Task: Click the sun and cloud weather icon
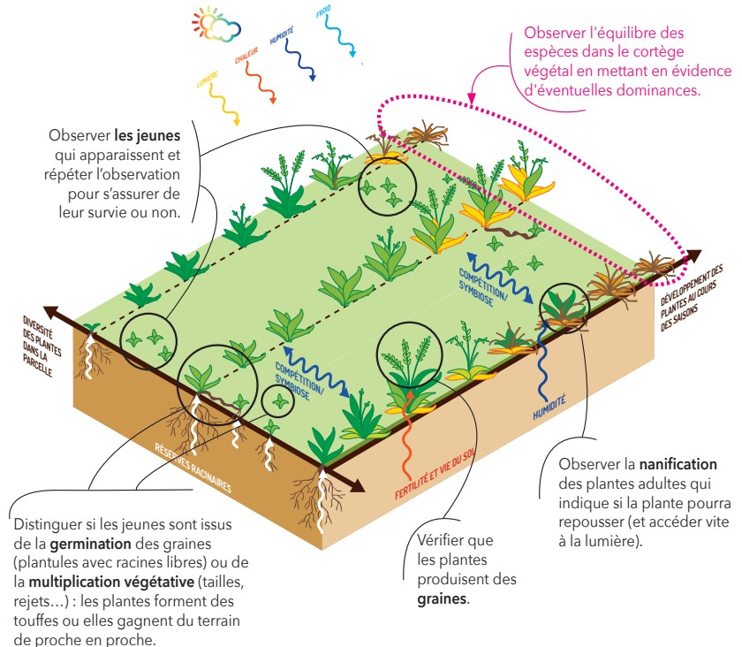pos(216,27)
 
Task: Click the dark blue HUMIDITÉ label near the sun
pos(282,36)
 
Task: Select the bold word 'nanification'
pos(678,463)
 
